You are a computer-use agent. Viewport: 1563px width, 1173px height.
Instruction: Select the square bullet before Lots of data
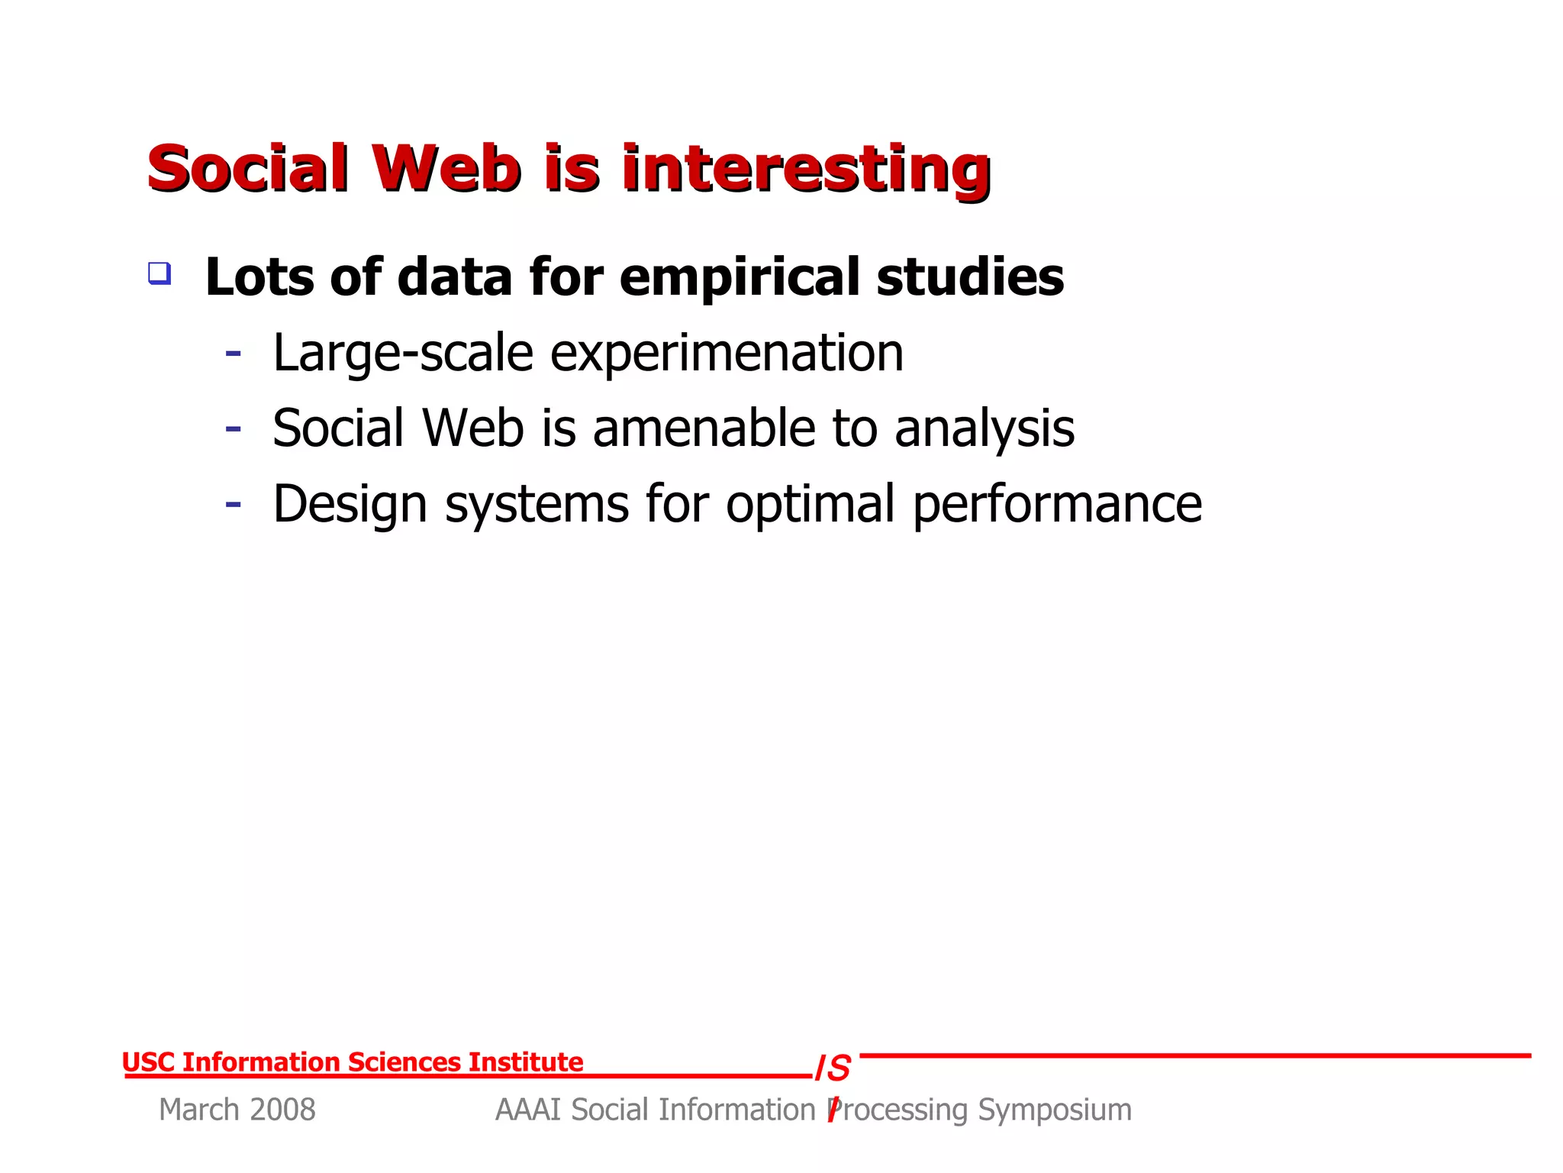tap(160, 273)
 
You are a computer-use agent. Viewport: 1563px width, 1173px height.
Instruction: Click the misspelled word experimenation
tap(726, 354)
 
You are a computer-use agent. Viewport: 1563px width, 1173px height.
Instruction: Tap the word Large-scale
tap(403, 354)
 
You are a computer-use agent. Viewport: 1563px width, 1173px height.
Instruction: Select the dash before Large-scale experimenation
tap(234, 354)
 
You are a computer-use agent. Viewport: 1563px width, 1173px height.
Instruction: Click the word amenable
tap(702, 428)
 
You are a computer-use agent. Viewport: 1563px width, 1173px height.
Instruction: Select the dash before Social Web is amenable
tap(234, 429)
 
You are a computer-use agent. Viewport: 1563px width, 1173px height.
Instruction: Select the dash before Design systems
tap(234, 505)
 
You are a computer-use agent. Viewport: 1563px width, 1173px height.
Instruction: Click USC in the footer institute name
tap(149, 1062)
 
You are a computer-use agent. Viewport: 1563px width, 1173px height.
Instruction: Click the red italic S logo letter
tap(839, 1068)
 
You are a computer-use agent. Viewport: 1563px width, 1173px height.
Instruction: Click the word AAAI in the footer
tap(529, 1110)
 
